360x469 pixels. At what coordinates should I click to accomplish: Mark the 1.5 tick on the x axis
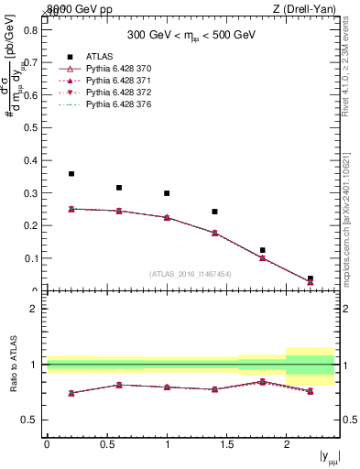click(226, 444)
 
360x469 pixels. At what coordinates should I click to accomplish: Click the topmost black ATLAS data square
click(71, 173)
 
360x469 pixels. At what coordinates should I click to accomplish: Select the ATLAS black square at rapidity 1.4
click(214, 212)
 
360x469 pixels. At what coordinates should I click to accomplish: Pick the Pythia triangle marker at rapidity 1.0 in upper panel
click(167, 217)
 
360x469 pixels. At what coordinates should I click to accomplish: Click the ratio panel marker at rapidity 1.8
click(262, 381)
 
